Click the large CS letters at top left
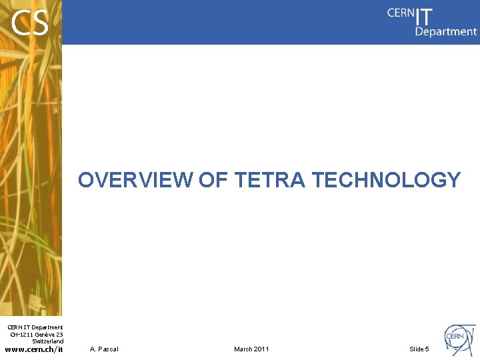click(30, 24)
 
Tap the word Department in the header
click(446, 31)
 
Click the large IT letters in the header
click(424, 16)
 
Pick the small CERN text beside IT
click(400, 13)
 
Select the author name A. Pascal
click(104, 349)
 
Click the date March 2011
click(251, 349)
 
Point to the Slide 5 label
click(419, 349)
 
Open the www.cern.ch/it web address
click(34, 349)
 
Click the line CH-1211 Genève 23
click(37, 334)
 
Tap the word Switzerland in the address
click(47, 341)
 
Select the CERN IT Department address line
click(35, 327)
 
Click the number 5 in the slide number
click(427, 349)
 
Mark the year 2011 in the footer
click(261, 349)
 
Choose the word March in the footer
click(243, 349)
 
